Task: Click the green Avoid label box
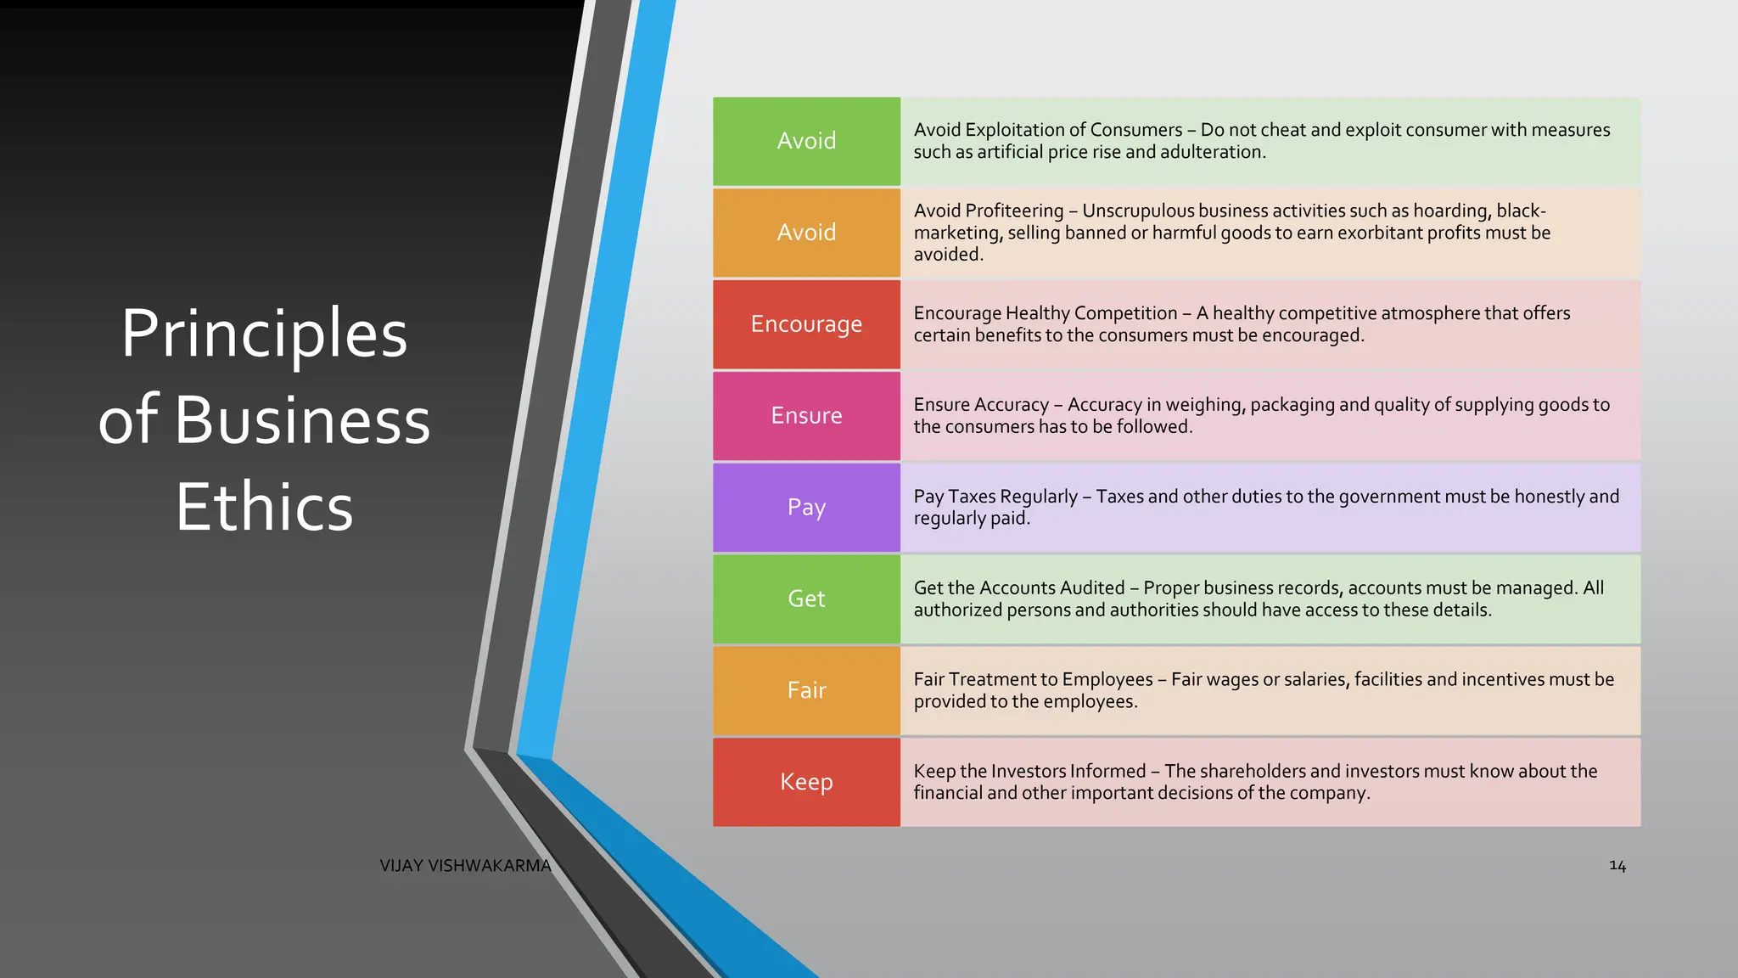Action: tap(806, 141)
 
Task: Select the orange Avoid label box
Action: tap(806, 233)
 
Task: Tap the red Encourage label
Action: tap(806, 324)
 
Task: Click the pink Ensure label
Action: tap(806, 416)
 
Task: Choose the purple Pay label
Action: tap(806, 508)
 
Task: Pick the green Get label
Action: tap(806, 599)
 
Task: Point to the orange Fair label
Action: tap(806, 691)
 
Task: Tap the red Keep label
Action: tap(806, 782)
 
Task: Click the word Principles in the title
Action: tap(264, 334)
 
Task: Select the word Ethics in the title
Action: tap(264, 507)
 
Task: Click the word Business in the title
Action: tap(302, 420)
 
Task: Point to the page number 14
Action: tap(1617, 866)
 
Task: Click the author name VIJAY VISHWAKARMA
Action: tap(465, 866)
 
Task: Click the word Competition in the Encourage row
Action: tap(1124, 313)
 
